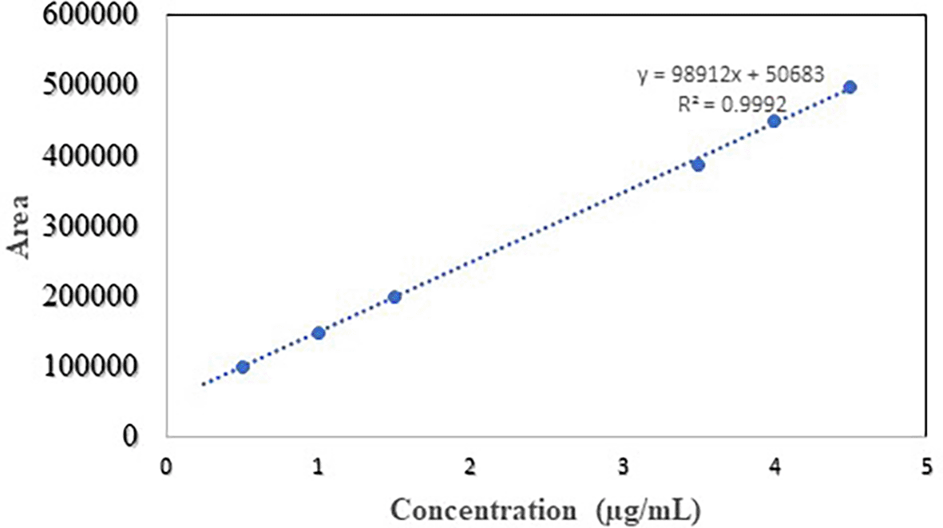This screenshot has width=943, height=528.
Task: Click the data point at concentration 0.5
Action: pyautogui.click(x=243, y=367)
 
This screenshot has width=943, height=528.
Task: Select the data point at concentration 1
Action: pyautogui.click(x=319, y=332)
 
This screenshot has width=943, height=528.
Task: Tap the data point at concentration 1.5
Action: pyautogui.click(x=394, y=297)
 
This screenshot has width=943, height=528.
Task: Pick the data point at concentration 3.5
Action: pyautogui.click(x=698, y=165)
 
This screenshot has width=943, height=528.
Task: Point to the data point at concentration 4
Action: pyautogui.click(x=774, y=121)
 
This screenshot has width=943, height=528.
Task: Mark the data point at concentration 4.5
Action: pyautogui.click(x=850, y=87)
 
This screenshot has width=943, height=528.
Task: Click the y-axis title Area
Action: pyautogui.click(x=22, y=226)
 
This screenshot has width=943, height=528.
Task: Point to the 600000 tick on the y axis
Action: pyautogui.click(x=80, y=17)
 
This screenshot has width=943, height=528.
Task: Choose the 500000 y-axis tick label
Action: pyautogui.click(x=80, y=86)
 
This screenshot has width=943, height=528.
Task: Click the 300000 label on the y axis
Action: pyautogui.click(x=80, y=227)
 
